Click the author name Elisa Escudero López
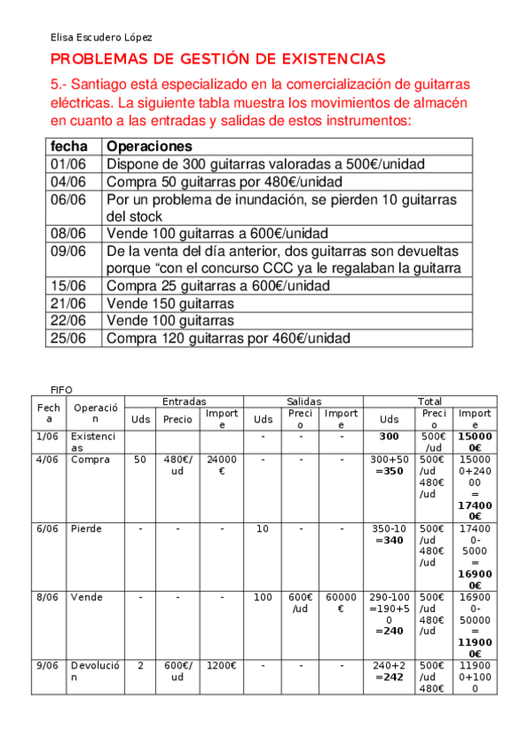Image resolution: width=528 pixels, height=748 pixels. tap(101, 37)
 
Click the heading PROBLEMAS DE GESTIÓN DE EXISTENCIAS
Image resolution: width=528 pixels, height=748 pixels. tap(218, 59)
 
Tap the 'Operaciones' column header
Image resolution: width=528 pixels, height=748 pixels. tap(149, 146)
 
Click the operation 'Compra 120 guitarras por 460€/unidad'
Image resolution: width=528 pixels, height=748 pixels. tap(227, 338)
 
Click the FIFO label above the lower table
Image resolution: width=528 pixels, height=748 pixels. tap(62, 389)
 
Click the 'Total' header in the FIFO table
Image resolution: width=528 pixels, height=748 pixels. tap(430, 401)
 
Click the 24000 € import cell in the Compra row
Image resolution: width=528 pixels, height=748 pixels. tap(221, 465)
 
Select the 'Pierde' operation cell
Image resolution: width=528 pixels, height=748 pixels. tap(86, 528)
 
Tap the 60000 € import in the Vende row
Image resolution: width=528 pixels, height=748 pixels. tap(340, 602)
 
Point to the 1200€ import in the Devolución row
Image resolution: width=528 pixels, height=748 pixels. tap(221, 666)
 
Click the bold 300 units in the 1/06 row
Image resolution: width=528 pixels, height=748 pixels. tap(389, 436)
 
